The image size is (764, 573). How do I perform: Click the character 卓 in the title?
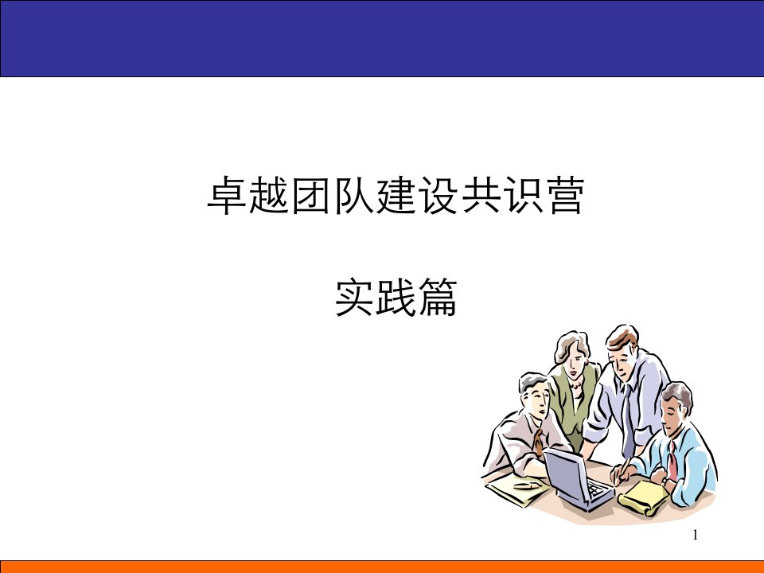[x=226, y=196]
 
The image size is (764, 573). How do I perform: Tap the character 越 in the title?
[x=269, y=196]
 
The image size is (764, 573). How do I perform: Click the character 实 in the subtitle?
[x=353, y=297]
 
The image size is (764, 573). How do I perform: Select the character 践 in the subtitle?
[x=396, y=297]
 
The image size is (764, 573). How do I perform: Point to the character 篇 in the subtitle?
[x=439, y=297]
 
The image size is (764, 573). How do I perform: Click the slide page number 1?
[x=696, y=535]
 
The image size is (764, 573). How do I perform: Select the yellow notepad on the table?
[x=643, y=497]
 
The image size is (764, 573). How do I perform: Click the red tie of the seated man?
[x=672, y=460]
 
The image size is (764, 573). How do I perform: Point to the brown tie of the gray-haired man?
[x=538, y=442]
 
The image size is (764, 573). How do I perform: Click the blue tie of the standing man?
[x=628, y=419]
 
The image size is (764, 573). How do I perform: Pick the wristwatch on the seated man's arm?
[x=665, y=481]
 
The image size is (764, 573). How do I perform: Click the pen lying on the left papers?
[x=527, y=485]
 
